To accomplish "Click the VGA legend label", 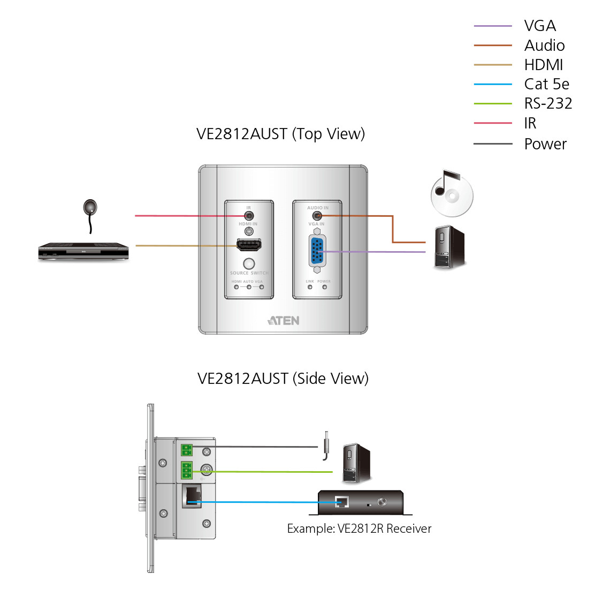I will [540, 26].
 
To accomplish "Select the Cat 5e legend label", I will [546, 84].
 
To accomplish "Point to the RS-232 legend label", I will [548, 103].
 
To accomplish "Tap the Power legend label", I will [545, 144].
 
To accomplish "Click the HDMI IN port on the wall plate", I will [249, 246].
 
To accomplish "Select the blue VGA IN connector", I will [317, 251].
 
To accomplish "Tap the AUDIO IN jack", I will [317, 216].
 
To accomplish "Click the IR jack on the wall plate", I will [248, 216].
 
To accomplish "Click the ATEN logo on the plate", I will [284, 321].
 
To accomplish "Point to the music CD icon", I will [452, 194].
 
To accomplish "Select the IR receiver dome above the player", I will [90, 207].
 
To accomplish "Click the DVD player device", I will [83, 251].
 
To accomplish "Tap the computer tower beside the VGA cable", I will [449, 247].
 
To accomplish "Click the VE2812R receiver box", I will [361, 502].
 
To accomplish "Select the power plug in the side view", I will [326, 445].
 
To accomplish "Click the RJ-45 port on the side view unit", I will [192, 496].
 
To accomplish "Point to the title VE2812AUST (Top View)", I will [280, 134].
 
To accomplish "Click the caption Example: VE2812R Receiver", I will [359, 529].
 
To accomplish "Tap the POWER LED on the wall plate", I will [324, 287].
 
